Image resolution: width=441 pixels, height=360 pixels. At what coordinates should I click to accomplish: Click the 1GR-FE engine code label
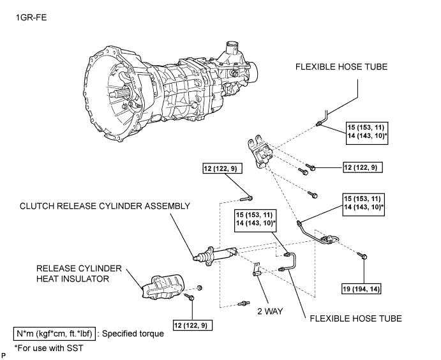coord(31,18)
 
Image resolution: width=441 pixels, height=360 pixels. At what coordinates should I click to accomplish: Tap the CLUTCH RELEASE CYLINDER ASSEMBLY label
coord(105,206)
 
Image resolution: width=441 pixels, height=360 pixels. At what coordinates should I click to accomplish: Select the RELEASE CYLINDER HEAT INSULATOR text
coord(78,273)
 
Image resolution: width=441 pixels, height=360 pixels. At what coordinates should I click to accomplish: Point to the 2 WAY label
coord(270,311)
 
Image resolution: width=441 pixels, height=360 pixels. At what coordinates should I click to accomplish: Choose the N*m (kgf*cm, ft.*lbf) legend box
coord(54,334)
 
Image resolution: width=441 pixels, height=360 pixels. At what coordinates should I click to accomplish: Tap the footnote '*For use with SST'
coord(49,348)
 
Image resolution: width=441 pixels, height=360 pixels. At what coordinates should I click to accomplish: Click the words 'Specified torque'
coord(133,334)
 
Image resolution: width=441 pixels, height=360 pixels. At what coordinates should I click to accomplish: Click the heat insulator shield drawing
coord(163,287)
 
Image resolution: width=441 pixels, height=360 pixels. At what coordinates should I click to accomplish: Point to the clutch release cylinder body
coord(216,255)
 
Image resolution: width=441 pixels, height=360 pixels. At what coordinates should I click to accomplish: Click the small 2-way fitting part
coord(256,270)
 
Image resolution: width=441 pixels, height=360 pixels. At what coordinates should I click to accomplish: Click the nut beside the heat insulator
coord(200,288)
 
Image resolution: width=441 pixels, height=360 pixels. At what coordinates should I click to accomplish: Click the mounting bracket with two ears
coord(260,153)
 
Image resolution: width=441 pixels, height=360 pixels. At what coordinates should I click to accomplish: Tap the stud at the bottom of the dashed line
coord(243,303)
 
